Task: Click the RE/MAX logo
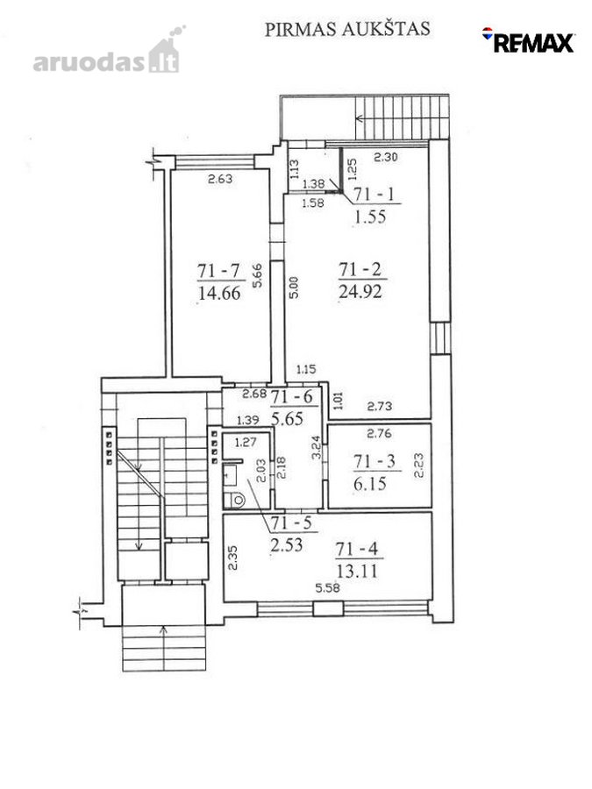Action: tap(528, 40)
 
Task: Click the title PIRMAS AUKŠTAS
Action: tap(347, 29)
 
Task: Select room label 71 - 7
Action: tap(218, 271)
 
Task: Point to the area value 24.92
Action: tap(360, 291)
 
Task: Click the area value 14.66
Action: tap(219, 293)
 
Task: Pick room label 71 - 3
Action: tap(374, 461)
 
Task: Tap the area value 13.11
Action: tap(357, 571)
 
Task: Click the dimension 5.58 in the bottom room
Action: tap(327, 587)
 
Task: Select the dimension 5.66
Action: tap(257, 276)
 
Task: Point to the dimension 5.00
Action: tap(294, 288)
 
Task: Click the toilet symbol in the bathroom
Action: tap(234, 500)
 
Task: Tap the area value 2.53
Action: tap(286, 544)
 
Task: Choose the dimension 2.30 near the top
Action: tap(386, 157)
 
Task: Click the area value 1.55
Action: tap(370, 217)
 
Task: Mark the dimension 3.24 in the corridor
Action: tap(317, 447)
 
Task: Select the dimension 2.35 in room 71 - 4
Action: tap(232, 558)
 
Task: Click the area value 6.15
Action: tap(370, 484)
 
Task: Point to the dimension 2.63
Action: tap(220, 179)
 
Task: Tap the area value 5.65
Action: tap(287, 419)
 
